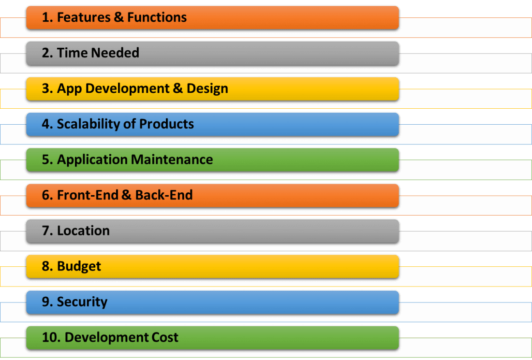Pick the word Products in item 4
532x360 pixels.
tap(166, 124)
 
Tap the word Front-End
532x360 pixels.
tap(87, 195)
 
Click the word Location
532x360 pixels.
tap(83, 231)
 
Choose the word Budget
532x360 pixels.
tap(79, 267)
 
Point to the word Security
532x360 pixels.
tap(82, 302)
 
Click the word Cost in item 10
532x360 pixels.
tap(166, 337)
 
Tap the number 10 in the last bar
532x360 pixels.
tap(49, 337)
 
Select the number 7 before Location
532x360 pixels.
tap(45, 231)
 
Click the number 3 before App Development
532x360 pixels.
tap(45, 89)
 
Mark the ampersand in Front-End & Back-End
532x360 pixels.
tap(127, 195)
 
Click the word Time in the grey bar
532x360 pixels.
tap(70, 53)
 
